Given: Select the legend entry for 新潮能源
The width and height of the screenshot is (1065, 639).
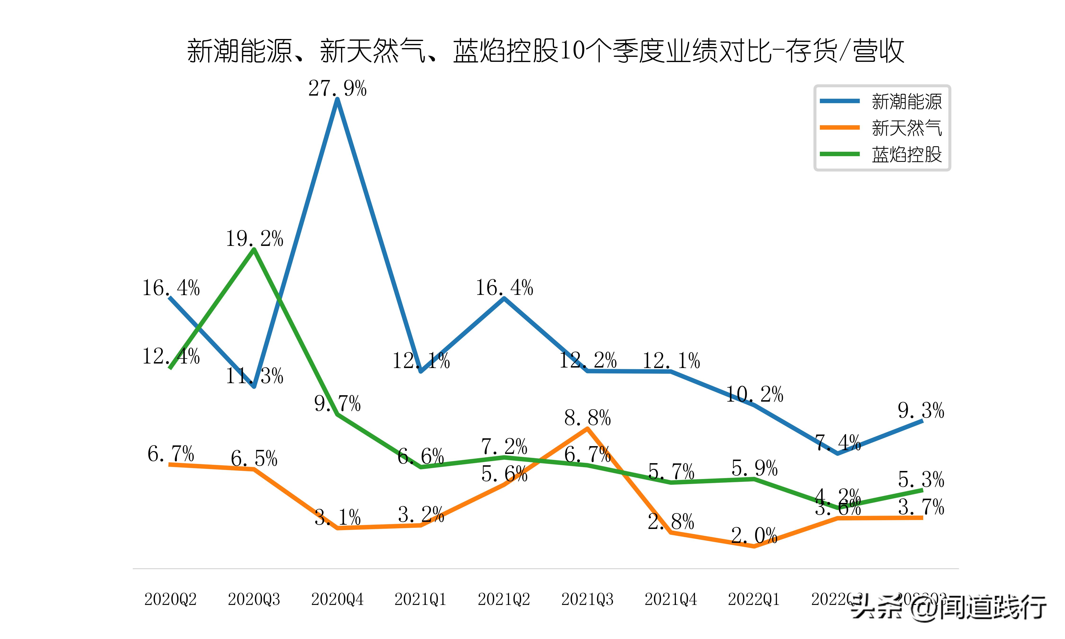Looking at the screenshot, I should (906, 102).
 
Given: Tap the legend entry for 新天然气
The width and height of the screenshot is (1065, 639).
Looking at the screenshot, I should (906, 128).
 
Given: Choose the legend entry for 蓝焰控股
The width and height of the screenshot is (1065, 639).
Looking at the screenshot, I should (906, 154).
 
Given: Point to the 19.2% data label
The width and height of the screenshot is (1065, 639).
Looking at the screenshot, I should (254, 239).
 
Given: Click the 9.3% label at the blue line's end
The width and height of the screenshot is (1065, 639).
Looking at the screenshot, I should (921, 410).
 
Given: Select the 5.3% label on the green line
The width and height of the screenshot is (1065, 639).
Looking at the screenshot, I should (921, 479).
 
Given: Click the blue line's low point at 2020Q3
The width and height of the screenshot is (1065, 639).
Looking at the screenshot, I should (254, 386).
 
